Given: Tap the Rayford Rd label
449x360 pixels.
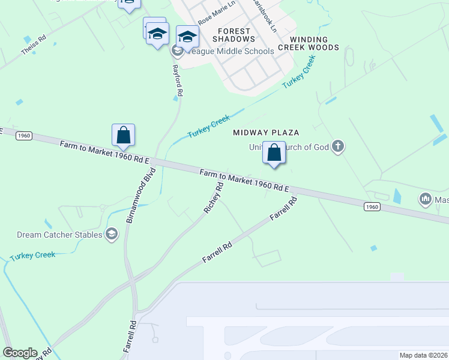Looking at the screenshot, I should pos(177,81).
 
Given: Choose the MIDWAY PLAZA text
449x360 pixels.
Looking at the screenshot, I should pos(266,132).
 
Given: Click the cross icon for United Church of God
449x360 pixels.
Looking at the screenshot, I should pos(338,146).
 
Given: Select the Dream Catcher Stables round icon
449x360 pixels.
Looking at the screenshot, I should pos(111,234).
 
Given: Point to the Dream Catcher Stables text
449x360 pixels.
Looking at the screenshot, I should pos(59,235).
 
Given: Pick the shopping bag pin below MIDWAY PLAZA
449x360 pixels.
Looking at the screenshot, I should pos(274,153).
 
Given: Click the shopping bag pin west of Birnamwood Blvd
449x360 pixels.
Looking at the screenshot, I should pos(123,136).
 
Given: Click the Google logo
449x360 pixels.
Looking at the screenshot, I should pos(20,353).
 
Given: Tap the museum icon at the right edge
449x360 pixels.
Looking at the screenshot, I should pos(426,198).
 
